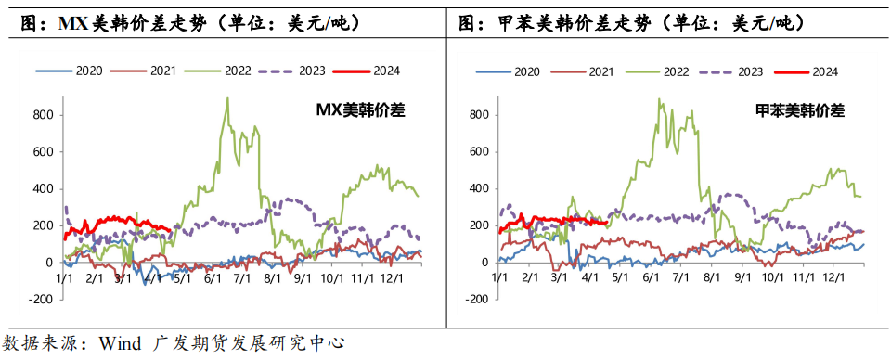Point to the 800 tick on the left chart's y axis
(43, 115)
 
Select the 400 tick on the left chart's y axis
(43, 188)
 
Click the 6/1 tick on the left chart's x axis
(211, 276)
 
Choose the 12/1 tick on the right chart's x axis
(833, 276)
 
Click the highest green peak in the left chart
(227, 98)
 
